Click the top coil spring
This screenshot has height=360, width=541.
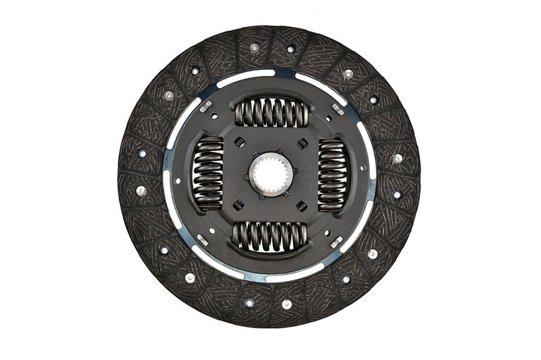271,113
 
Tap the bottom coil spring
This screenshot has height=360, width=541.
269,235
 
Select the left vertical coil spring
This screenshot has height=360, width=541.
208,174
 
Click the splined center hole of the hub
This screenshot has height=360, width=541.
270,174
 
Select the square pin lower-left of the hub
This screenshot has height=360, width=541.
238,204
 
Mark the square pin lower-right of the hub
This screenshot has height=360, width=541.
301,205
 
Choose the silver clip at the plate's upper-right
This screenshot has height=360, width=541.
338,110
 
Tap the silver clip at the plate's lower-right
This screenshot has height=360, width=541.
336,241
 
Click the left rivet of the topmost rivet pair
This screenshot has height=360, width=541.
255,47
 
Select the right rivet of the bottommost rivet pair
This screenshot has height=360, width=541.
286,304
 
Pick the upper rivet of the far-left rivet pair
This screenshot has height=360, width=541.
142,153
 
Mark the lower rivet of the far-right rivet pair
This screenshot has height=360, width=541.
396,195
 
